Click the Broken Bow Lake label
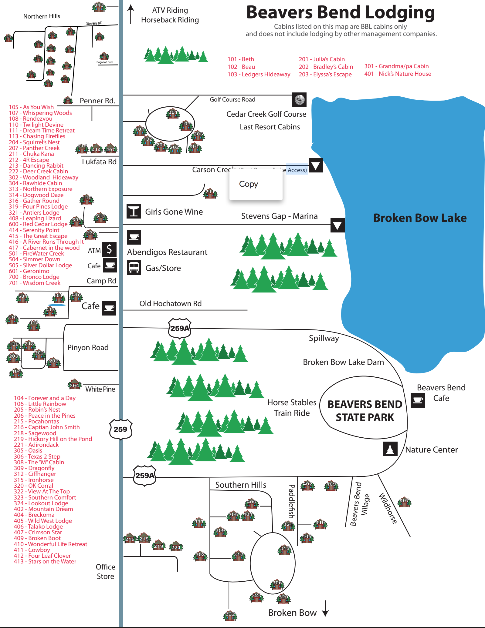tap(420, 218)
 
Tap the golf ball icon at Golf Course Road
tap(299, 100)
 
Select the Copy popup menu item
tap(249, 184)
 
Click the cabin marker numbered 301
tap(173, 113)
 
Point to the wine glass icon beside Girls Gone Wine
tap(134, 211)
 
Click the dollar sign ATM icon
tap(109, 249)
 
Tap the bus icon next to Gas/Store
tap(134, 268)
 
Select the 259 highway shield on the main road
tap(120, 429)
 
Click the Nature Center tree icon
tap(390, 449)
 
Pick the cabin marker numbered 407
tap(405, 502)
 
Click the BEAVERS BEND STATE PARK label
tap(365, 411)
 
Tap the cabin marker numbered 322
tap(230, 615)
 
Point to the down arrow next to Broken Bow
tap(325, 609)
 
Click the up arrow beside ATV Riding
tap(131, 14)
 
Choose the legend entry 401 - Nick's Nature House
tap(398, 74)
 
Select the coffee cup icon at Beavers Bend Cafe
tap(418, 400)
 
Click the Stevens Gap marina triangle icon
tap(337, 225)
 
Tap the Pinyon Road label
tap(88, 348)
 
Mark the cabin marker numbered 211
tap(210, 193)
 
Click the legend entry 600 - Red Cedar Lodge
tap(38, 224)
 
